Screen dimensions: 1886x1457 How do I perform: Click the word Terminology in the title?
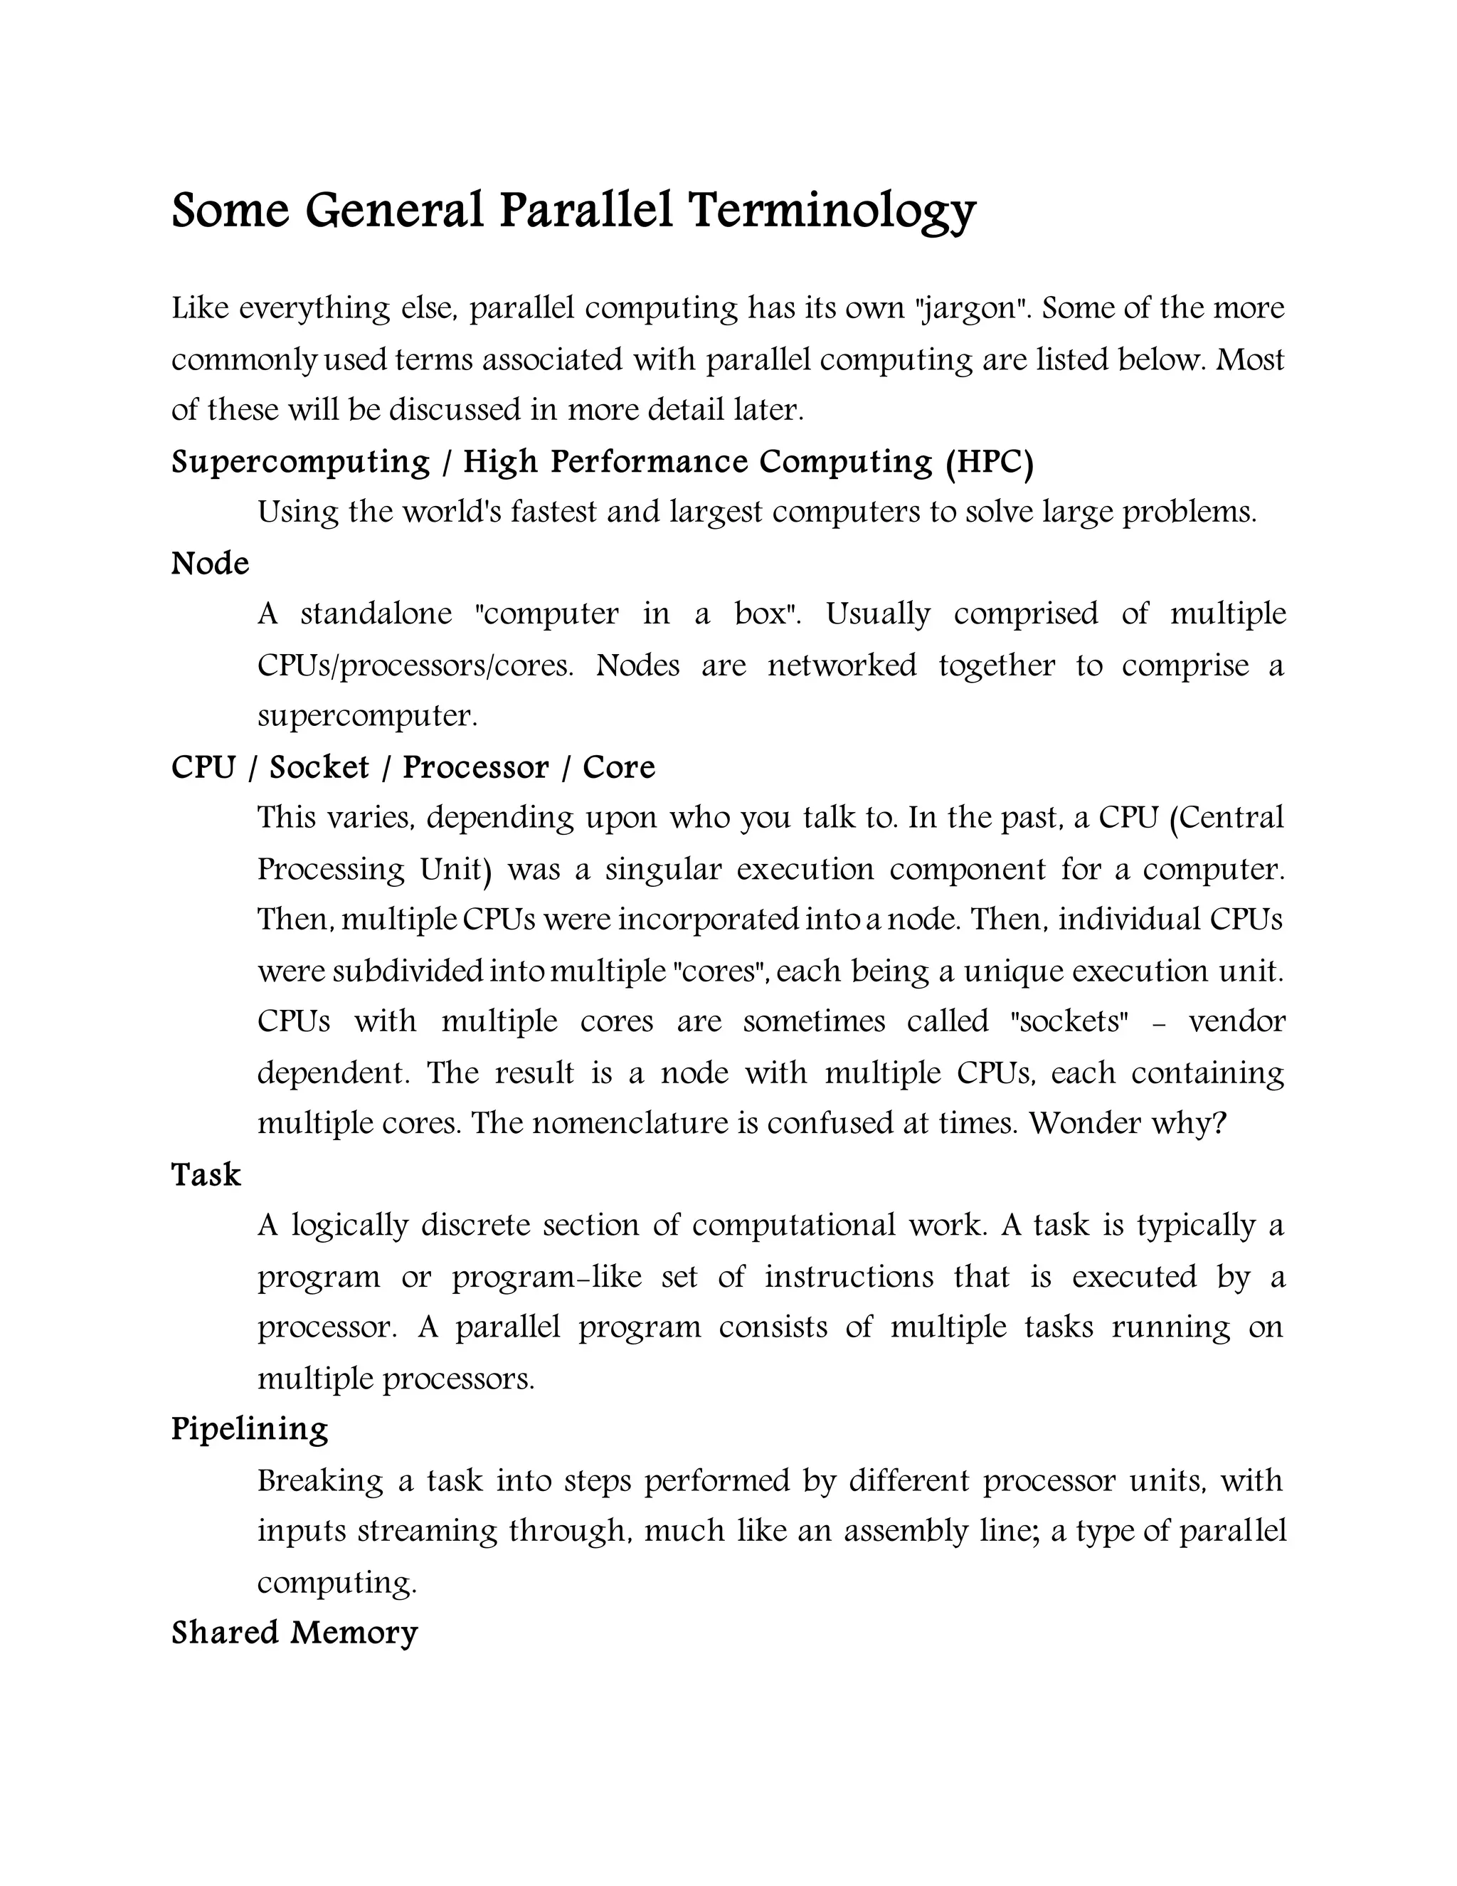tap(831, 211)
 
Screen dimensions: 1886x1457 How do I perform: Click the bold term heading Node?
tap(210, 564)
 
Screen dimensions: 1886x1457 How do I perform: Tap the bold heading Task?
tap(206, 1174)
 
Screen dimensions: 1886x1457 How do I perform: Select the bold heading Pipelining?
tap(250, 1429)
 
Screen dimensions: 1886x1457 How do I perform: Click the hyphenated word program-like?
tap(547, 1276)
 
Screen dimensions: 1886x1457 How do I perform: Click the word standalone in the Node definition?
tap(376, 614)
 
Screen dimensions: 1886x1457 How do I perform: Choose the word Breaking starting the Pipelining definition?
tap(320, 1480)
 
